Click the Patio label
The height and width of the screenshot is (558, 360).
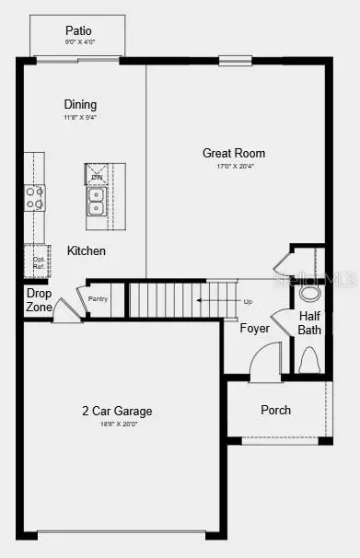[78, 31]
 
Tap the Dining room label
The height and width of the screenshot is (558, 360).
[80, 105]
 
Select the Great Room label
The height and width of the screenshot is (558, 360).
[234, 153]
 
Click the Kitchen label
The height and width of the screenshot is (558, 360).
[86, 250]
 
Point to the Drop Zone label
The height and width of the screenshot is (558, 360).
[39, 300]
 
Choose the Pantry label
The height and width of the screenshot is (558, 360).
[99, 298]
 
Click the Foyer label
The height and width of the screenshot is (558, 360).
[254, 328]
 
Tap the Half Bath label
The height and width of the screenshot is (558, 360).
[309, 322]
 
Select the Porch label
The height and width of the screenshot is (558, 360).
[275, 410]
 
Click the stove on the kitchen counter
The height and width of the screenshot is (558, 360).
[34, 197]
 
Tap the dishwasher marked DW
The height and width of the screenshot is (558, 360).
[97, 174]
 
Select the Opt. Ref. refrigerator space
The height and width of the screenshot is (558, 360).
[38, 262]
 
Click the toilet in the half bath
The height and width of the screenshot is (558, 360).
[308, 357]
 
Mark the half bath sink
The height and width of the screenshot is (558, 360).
[310, 293]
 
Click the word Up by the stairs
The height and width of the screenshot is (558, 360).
[247, 301]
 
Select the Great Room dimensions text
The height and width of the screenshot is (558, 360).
[234, 167]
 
